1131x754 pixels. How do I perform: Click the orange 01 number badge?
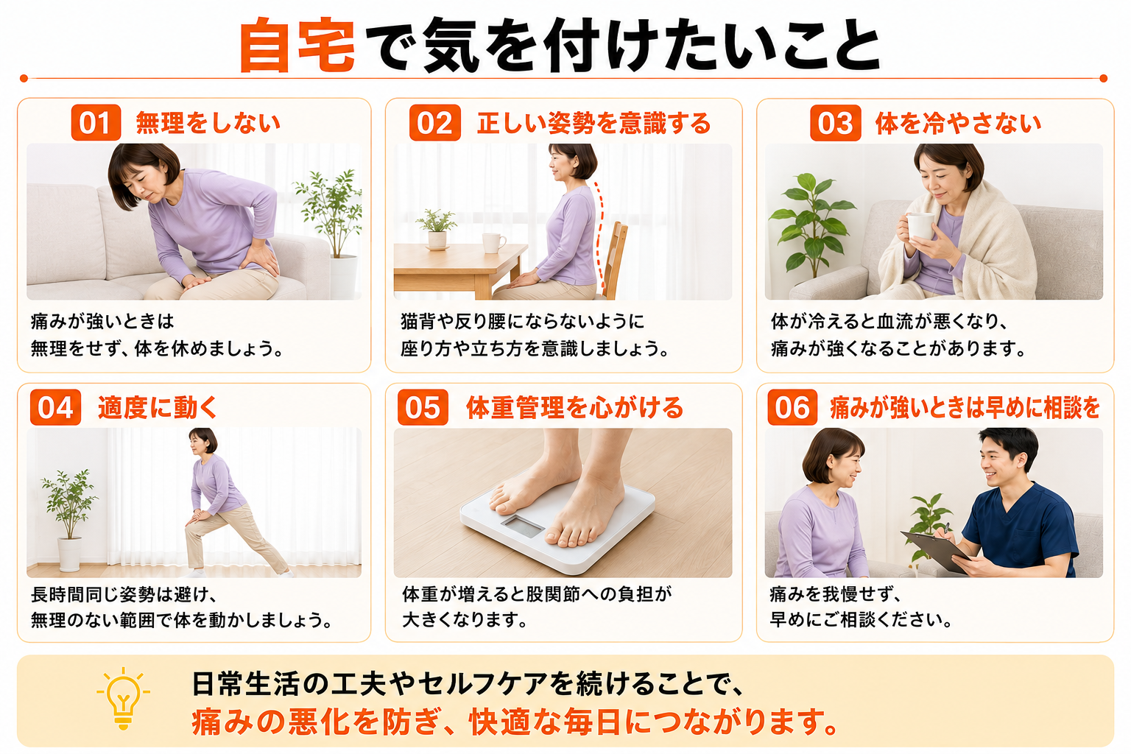pos(96,122)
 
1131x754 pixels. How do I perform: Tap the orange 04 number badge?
pos(55,407)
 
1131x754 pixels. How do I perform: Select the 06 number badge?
pos(793,407)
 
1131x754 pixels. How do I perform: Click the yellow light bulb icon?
pos(123,699)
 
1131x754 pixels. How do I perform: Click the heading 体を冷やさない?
pos(958,123)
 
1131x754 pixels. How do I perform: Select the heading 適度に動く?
pos(158,407)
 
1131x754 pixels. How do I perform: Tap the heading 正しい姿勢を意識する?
pos(593,123)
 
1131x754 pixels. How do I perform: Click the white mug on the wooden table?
pos(493,243)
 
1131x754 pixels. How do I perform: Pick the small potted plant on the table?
pos(437,230)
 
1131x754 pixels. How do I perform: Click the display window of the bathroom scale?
pos(523,526)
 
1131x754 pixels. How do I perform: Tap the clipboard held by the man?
pos(935,552)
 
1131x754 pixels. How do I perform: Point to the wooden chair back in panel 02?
pos(615,258)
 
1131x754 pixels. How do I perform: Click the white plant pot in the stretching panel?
pos(70,554)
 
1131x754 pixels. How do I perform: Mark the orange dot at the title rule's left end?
pos(24,78)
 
